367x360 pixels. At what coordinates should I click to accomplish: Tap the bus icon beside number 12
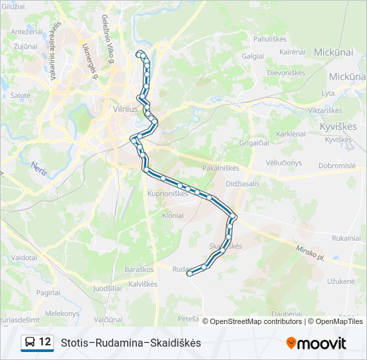point(31,343)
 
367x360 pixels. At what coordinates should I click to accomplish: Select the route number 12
point(45,342)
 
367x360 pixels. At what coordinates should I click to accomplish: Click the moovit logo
point(316,343)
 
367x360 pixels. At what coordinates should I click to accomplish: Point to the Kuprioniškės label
point(167,193)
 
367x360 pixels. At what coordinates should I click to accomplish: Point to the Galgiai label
point(253,57)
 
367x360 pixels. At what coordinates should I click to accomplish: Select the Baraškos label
point(139,269)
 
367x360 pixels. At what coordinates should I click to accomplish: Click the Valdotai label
point(23,257)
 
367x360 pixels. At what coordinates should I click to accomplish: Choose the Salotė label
point(19,95)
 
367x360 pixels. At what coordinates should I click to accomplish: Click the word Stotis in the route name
point(75,343)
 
